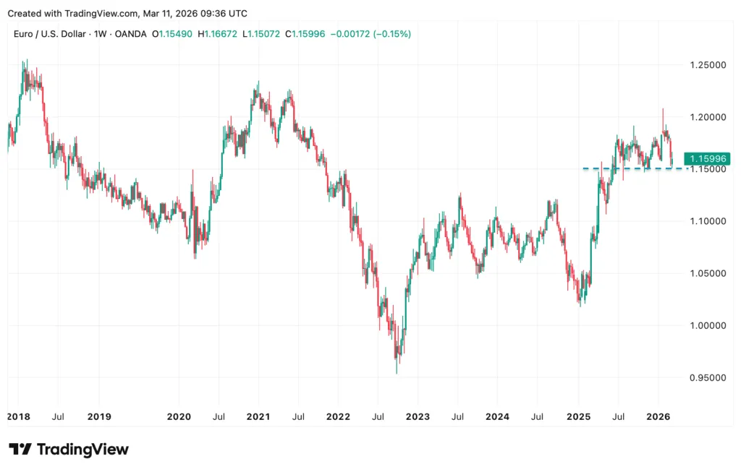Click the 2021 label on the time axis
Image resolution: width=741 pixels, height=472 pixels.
tap(258, 416)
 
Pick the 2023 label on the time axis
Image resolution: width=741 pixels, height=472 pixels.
tap(418, 416)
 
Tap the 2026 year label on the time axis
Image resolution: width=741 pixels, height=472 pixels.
tap(658, 416)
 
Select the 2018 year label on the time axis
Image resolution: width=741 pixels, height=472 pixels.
tap(18, 416)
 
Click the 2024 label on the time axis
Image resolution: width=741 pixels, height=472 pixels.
tap(497, 416)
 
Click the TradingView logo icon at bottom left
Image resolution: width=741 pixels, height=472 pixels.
tap(20, 449)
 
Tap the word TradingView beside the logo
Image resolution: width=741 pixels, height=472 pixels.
tap(82, 449)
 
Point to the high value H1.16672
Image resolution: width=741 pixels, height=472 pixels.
tap(221, 34)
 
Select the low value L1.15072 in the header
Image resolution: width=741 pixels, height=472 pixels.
tap(265, 34)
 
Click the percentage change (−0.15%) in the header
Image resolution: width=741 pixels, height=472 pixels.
tap(391, 34)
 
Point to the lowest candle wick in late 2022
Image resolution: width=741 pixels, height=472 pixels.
tap(396, 372)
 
